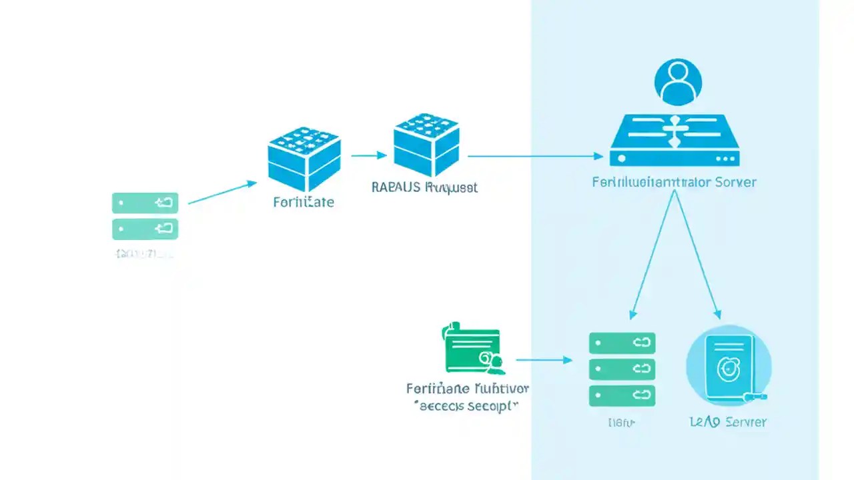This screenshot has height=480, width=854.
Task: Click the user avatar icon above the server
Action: click(x=679, y=82)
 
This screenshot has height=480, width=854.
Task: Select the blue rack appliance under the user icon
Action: click(x=675, y=141)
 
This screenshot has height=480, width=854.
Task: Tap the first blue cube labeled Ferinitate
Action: click(x=304, y=159)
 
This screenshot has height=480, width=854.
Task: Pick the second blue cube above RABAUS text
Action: click(x=426, y=145)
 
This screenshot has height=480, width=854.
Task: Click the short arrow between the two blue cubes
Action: click(x=368, y=156)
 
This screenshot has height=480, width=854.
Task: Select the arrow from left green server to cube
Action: click(x=222, y=192)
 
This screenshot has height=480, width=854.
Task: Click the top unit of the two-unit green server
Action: click(x=145, y=203)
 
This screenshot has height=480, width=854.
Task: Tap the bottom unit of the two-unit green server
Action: click(x=145, y=229)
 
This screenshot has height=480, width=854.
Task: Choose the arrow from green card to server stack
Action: click(x=544, y=360)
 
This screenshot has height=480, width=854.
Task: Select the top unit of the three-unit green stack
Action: click(x=622, y=343)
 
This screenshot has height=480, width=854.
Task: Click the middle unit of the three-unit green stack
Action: click(x=622, y=369)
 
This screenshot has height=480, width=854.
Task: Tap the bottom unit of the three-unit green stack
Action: click(x=622, y=395)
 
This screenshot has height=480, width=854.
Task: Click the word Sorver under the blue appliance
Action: click(x=735, y=182)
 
